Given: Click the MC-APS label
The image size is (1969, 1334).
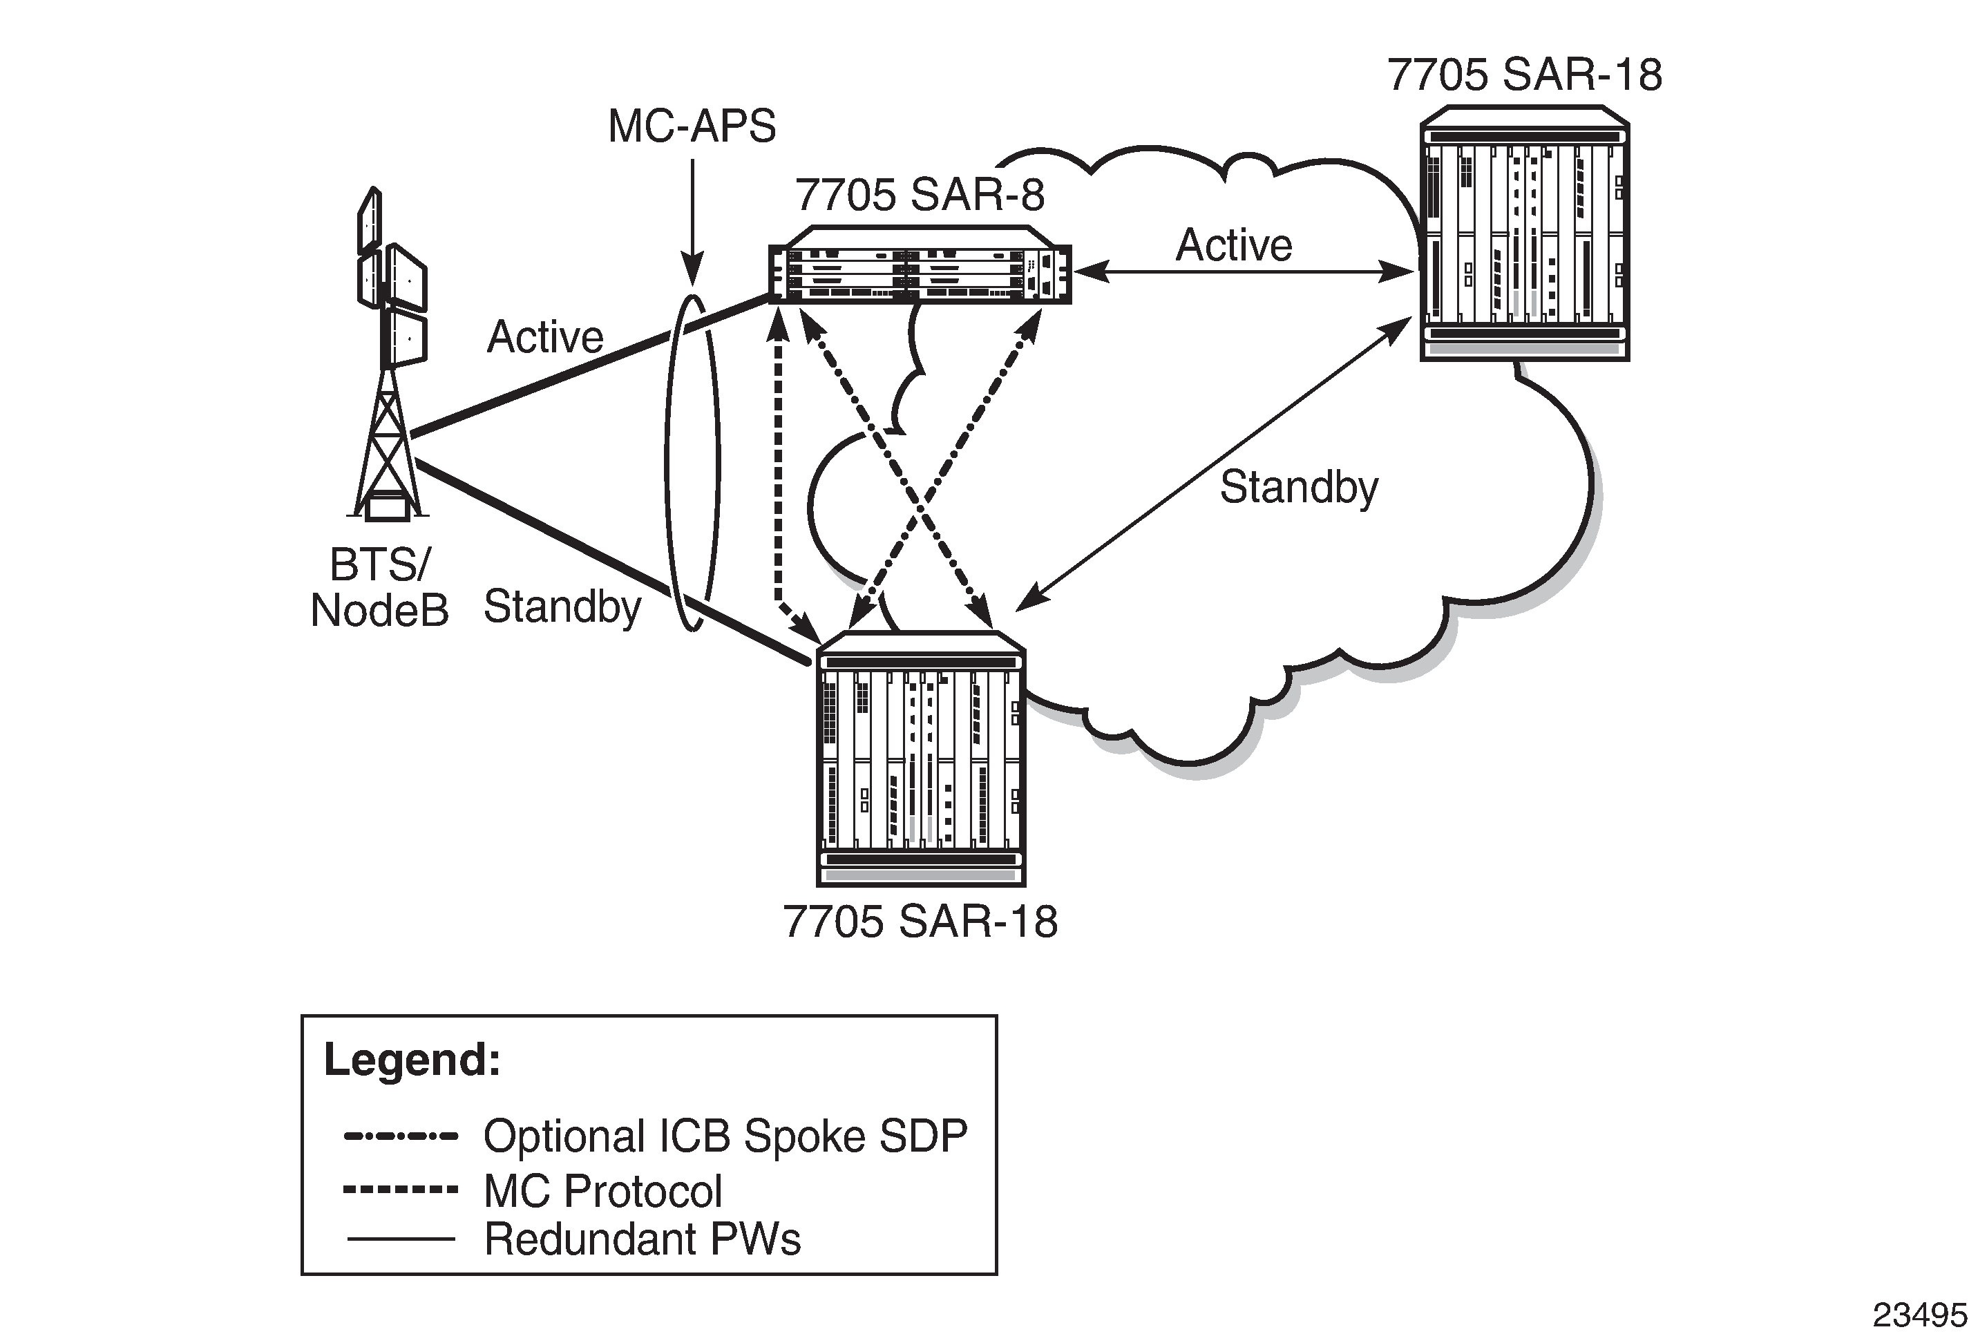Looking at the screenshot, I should tap(692, 127).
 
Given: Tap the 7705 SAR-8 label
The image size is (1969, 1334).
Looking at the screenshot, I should tap(920, 196).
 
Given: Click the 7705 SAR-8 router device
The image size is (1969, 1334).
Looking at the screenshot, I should tap(920, 265).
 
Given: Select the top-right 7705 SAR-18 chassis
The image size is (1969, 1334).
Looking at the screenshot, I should tap(1524, 235).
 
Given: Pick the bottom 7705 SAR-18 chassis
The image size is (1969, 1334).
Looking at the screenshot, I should tap(920, 759).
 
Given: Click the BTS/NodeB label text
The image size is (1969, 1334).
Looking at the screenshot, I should tap(379, 587).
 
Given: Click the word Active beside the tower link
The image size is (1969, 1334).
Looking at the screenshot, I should tap(545, 337).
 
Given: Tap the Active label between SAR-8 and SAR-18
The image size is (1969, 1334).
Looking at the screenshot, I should tap(1234, 246).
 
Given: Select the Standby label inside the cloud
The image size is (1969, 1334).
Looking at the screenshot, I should tap(1299, 488).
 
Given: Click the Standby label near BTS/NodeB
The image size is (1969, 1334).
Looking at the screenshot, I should tap(562, 607).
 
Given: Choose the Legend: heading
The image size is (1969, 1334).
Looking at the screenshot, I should tap(412, 1060).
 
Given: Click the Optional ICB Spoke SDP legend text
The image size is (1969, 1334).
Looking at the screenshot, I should tap(725, 1136).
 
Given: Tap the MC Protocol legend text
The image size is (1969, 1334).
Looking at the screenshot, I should tap(602, 1191).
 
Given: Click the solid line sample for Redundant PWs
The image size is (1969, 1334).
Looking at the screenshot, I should tap(401, 1239).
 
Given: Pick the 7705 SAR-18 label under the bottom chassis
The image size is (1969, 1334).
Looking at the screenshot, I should tap(920, 922).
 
